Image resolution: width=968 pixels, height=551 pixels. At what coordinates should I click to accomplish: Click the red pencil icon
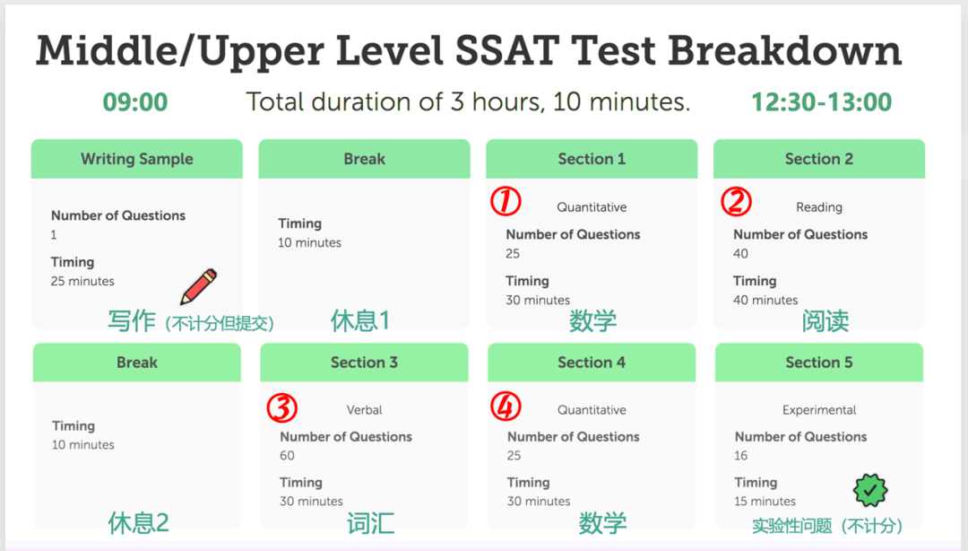pos(199,287)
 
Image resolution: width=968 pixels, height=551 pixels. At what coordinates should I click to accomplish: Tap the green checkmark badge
pos(869,490)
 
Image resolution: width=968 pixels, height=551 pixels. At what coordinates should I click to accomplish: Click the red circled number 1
pos(506,202)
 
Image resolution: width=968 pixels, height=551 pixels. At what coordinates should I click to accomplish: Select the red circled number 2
pos(736,202)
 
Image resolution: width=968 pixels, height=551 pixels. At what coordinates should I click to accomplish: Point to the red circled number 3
pos(281,408)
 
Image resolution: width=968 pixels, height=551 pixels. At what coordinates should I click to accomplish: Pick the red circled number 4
pos(506,407)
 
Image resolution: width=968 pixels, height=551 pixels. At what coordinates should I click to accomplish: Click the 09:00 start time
pos(135,102)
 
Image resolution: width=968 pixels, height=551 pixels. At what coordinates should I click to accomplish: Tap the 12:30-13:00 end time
pos(821,102)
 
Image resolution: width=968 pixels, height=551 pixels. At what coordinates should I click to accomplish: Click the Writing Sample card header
pos(137,159)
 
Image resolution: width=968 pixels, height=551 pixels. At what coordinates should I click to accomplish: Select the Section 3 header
pos(364,363)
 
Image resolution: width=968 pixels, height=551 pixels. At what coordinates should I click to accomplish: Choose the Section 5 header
pos(819,363)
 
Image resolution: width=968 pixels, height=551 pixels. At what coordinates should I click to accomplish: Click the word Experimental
pos(819,410)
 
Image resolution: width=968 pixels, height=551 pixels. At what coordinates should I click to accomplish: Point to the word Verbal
pos(364,410)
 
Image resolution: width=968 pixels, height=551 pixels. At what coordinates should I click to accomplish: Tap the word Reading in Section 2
pos(819,207)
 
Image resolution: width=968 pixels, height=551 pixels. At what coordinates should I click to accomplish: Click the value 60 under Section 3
pos(287,455)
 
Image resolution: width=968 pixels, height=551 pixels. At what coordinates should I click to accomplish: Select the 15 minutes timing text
pos(765,502)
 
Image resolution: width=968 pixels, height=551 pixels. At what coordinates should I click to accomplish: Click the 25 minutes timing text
pos(82,281)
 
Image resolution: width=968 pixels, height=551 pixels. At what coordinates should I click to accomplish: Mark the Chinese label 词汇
pos(370,523)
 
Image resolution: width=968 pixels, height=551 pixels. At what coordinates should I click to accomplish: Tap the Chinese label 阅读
pos(825,320)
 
